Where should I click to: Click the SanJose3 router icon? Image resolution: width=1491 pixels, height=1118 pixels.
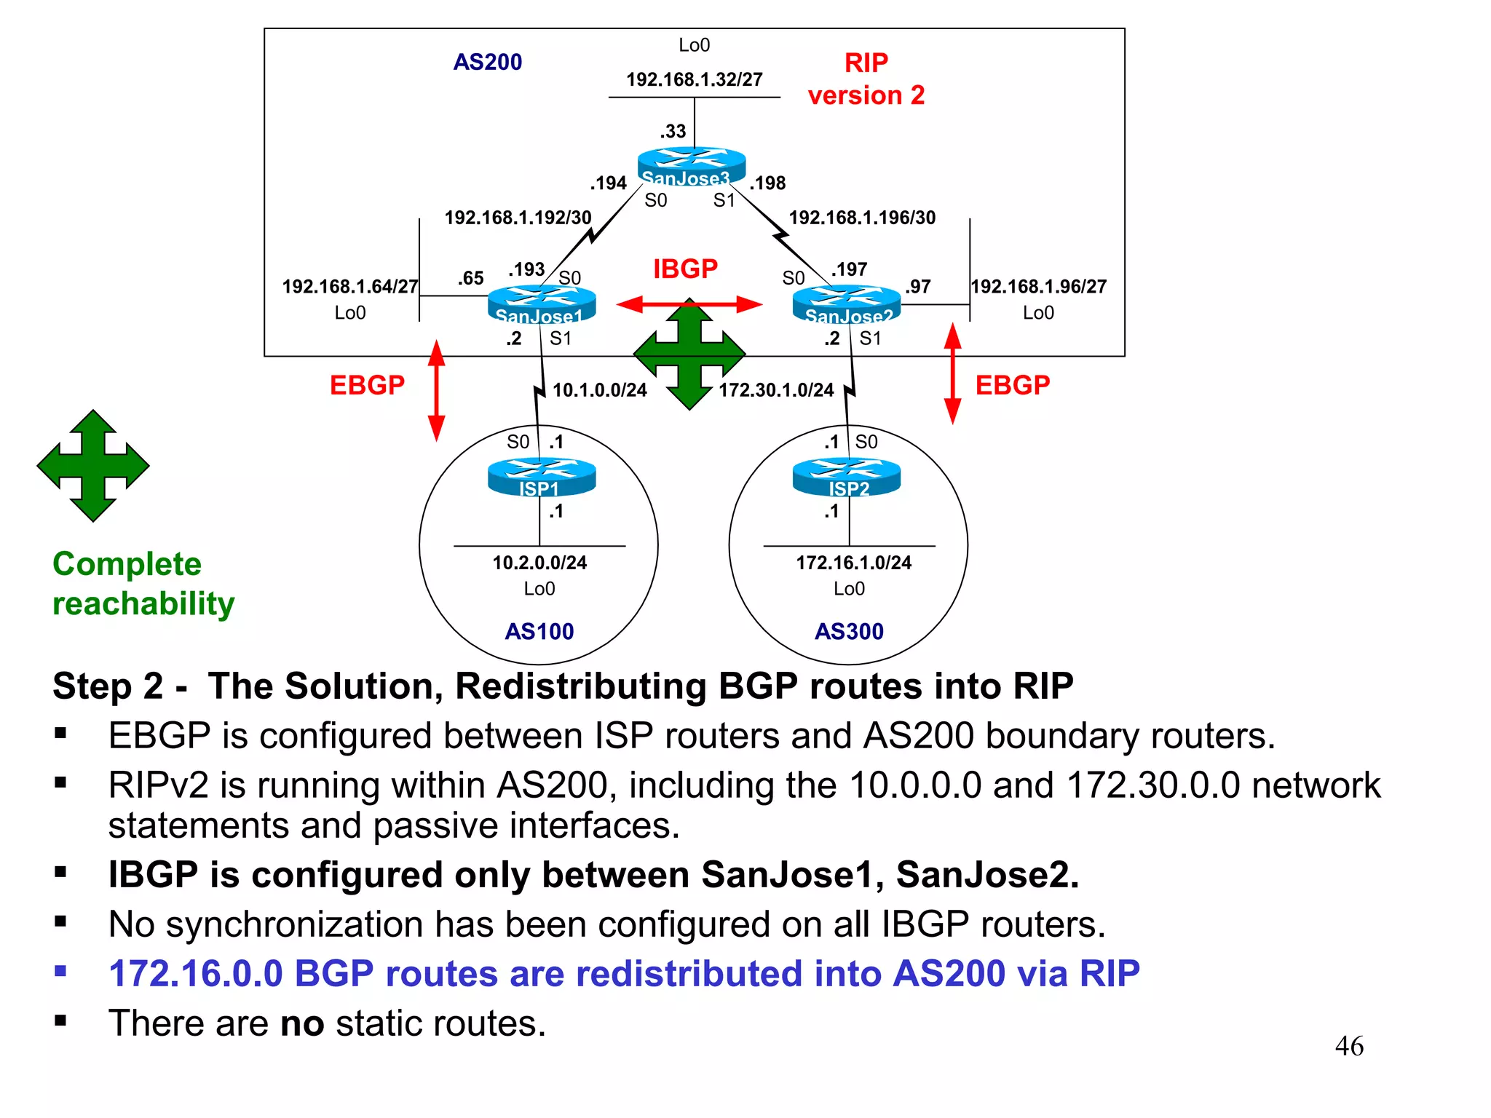coord(691,165)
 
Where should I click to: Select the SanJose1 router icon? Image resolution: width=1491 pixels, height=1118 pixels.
coord(541,304)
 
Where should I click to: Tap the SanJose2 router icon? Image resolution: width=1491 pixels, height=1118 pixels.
coord(846,304)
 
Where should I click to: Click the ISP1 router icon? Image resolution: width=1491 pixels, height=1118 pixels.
coord(541,477)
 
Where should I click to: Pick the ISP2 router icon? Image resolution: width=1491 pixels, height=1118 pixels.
coord(846,477)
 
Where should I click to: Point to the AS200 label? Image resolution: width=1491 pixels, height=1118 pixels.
coord(487,62)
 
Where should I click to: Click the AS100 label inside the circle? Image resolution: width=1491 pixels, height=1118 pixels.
coord(539,631)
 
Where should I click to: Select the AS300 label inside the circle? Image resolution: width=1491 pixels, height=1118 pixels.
coord(848,631)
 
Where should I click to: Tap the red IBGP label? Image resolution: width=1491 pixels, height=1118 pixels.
coord(685,269)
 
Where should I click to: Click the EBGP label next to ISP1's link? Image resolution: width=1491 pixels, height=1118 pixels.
coord(367,385)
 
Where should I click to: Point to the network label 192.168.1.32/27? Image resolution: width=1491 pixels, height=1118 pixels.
coord(694,79)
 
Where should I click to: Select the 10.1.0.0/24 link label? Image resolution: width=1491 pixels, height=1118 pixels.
coord(599,390)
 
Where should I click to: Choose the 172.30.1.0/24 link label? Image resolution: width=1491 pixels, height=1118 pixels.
coord(776,390)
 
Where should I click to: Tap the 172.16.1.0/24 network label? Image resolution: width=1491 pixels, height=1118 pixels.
coord(853,563)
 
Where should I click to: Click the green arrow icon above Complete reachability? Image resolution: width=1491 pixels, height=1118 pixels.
coord(93,466)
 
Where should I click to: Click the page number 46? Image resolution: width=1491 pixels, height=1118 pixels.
coord(1348,1046)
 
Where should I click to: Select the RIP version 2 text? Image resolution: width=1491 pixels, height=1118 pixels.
coord(866,79)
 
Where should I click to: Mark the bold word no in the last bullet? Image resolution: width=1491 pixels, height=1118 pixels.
coord(301,1023)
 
